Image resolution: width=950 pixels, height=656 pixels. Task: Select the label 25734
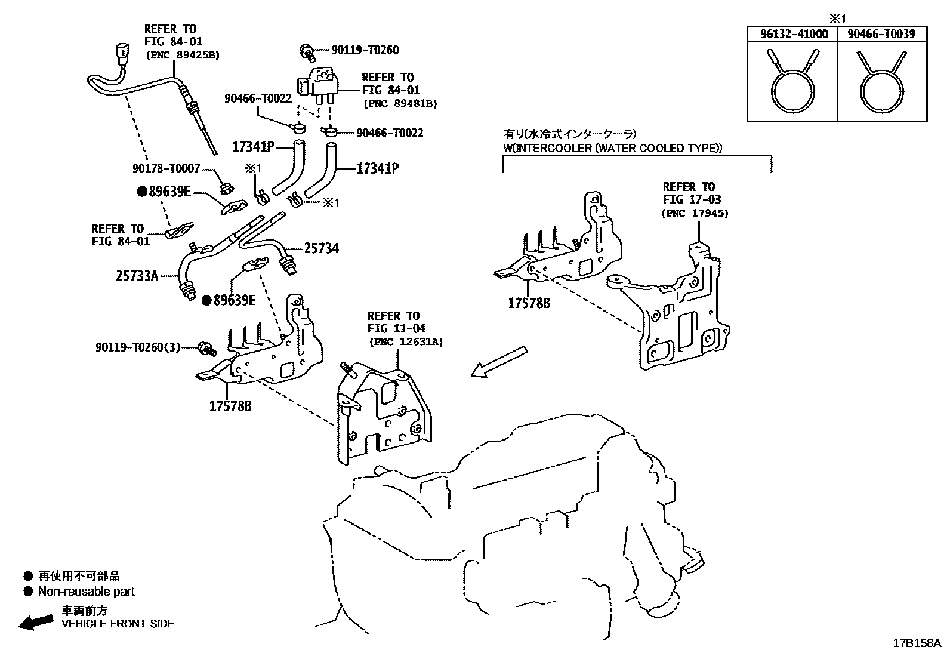(321, 248)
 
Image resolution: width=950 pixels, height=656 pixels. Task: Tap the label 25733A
(137, 276)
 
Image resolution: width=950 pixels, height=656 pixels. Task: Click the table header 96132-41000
(794, 34)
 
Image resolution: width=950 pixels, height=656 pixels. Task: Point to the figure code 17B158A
(916, 643)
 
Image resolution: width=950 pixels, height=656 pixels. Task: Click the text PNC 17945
(695, 213)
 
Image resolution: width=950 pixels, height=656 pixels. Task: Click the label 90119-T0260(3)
(138, 347)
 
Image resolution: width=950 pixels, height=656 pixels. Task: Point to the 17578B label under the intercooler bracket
(529, 303)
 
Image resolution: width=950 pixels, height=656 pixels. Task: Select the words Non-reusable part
(86, 592)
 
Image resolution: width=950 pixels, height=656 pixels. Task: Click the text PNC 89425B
(181, 55)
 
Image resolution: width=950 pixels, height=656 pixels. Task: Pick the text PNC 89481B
(400, 103)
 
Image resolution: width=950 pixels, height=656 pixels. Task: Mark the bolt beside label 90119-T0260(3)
(206, 347)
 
